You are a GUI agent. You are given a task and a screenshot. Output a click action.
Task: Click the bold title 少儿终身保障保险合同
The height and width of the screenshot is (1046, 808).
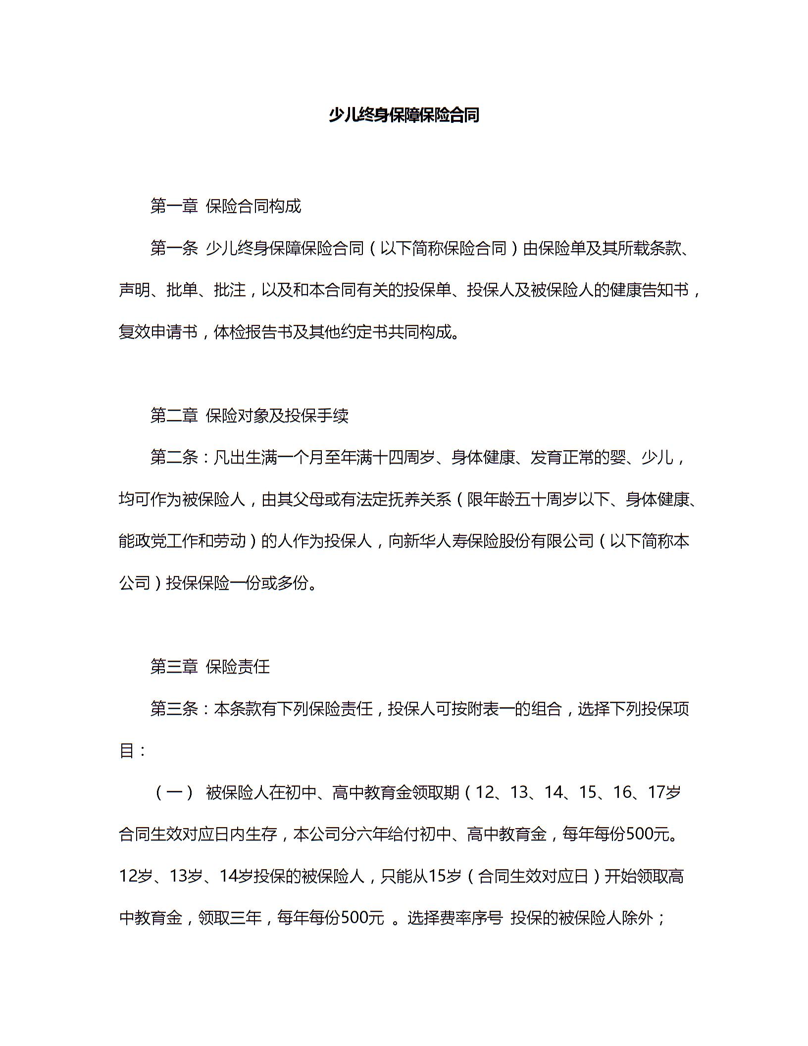404,115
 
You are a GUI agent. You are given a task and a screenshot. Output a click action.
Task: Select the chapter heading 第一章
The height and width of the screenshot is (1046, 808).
174,206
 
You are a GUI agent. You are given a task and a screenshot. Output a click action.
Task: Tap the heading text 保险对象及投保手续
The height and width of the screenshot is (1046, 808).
277,416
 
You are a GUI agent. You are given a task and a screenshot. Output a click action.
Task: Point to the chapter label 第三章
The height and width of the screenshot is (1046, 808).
174,667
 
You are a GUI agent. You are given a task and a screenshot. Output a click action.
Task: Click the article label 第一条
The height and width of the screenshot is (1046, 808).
174,248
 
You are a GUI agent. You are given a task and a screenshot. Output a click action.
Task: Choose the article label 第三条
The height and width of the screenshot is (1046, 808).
174,709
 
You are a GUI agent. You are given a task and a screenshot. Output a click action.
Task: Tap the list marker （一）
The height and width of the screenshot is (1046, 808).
174,793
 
